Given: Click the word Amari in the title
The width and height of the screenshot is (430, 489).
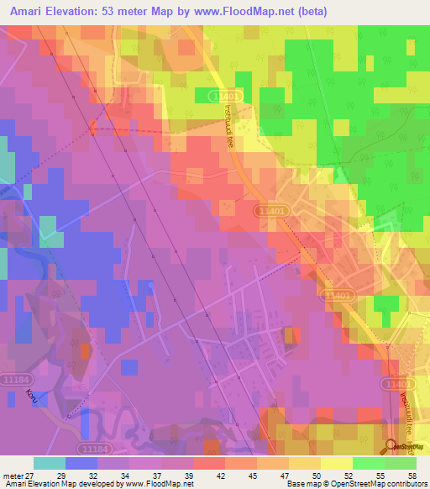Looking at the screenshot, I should [31, 12].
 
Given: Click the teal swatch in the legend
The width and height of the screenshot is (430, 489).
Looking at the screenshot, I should [49, 463].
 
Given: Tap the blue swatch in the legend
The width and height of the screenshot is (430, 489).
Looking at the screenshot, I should [81, 463].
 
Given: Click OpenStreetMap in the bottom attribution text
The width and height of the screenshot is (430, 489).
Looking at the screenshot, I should [340, 485].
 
